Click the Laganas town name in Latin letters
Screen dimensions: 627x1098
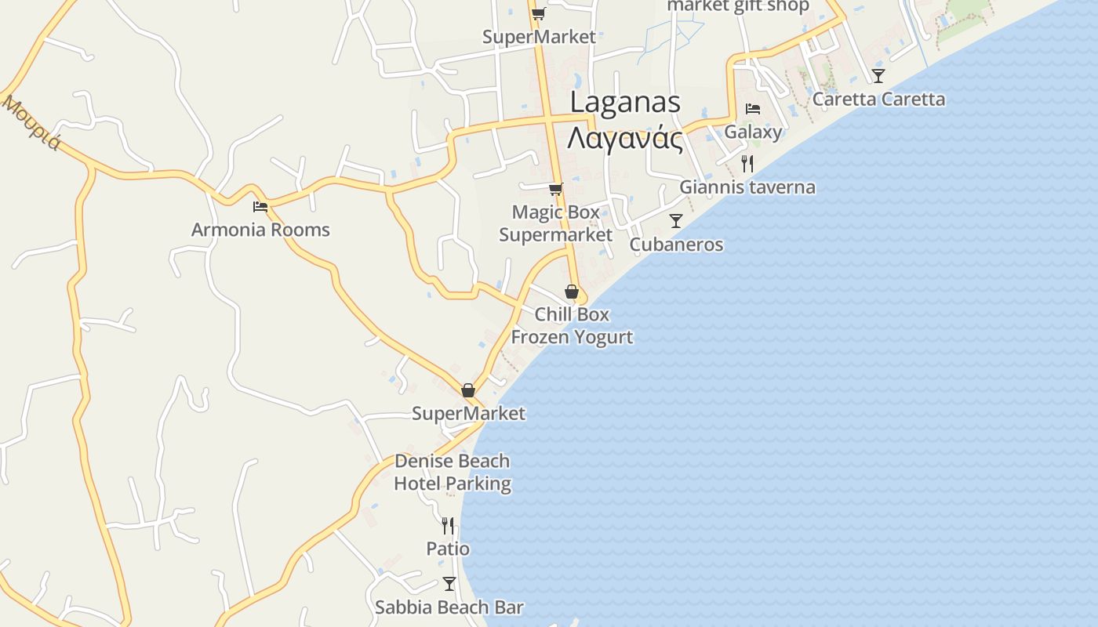pos(625,102)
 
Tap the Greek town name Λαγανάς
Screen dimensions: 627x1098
pos(625,138)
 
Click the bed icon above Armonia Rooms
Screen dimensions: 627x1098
pos(260,207)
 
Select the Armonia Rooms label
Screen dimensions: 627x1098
pos(260,230)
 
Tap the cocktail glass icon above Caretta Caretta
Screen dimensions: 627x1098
pos(878,76)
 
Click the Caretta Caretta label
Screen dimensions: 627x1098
pos(878,100)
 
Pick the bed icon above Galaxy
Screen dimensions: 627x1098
pos(753,109)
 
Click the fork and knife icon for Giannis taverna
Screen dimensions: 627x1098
pos(747,164)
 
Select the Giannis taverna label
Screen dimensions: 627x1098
pos(747,187)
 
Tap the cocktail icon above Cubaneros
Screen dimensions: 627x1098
pos(676,221)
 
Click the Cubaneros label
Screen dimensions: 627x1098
pos(676,245)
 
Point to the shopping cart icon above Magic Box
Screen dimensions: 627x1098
pos(556,189)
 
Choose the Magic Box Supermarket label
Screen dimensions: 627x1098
pos(556,223)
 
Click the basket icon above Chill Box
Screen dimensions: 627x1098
pos(572,292)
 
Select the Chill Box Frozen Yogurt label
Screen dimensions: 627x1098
pos(572,325)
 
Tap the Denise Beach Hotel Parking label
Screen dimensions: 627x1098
pos(452,473)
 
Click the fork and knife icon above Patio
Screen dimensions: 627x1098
pos(448,525)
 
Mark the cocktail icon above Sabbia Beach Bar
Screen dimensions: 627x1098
pos(449,584)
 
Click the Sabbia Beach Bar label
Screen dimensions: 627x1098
pos(449,607)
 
